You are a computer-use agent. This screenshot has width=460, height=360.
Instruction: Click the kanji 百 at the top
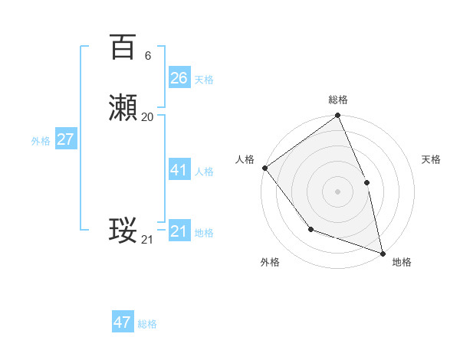123,47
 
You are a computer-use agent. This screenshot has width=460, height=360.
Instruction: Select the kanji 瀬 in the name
123,110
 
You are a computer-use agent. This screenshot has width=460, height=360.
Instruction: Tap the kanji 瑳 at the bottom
123,231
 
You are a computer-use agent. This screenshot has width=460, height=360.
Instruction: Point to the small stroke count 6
147,56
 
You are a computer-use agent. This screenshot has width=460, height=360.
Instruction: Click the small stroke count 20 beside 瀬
148,117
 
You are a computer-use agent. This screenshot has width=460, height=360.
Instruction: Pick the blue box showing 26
179,77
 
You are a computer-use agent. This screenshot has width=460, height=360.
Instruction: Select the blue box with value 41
179,170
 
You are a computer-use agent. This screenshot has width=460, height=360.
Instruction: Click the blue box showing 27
65,139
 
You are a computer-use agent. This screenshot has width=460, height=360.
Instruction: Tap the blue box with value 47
123,322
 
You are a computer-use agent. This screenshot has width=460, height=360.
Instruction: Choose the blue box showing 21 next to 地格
179,231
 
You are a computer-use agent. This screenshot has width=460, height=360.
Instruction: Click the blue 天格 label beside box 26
204,79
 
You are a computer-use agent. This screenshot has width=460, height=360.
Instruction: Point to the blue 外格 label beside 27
41,141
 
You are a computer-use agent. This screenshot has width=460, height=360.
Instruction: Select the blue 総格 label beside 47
147,324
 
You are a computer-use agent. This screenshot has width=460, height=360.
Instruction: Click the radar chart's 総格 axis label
338,100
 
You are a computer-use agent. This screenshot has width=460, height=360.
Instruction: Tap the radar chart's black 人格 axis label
245,159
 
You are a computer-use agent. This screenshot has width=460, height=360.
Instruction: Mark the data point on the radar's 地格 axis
383,253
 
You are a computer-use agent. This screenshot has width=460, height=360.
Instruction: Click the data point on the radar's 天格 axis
366,182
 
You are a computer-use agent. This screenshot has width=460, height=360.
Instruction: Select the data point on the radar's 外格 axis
310,228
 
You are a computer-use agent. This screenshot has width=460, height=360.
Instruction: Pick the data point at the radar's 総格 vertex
337,116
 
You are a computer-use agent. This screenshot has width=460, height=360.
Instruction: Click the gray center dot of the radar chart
337,191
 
